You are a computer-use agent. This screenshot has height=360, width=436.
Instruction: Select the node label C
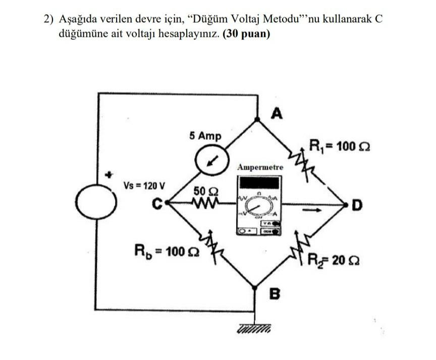pyautogui.click(x=158, y=205)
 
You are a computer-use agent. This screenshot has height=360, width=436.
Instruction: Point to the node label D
pyautogui.click(x=357, y=205)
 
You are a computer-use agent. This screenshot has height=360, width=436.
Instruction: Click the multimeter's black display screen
pyautogui.click(x=259, y=182)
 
